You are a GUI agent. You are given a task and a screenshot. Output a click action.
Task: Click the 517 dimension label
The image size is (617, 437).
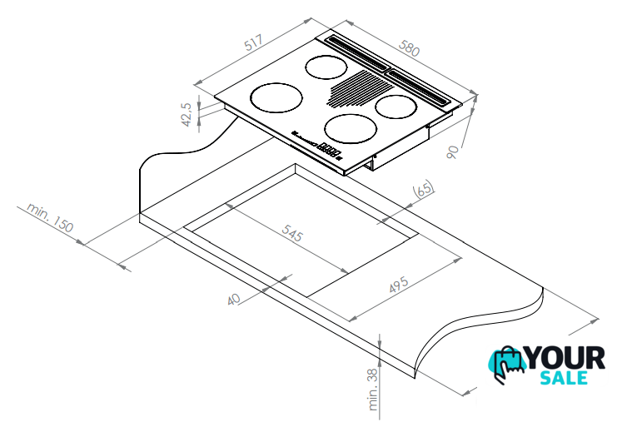[x=253, y=43]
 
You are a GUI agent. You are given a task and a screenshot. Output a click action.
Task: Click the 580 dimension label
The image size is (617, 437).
[x=409, y=48]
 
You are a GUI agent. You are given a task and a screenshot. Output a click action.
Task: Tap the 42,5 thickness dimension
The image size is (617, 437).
[x=187, y=115]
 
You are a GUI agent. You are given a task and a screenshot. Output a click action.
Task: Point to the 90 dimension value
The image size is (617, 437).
[x=453, y=151]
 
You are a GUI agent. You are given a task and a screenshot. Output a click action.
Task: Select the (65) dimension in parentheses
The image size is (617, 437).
[x=423, y=189]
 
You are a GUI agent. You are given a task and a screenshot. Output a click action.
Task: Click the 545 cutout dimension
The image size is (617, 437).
[x=292, y=233]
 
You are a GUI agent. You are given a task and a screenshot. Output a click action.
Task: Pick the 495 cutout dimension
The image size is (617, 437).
[x=399, y=285]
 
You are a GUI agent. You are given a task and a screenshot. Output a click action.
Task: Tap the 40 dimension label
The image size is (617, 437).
[x=234, y=299]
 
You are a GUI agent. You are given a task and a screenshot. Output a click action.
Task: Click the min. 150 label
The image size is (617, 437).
[x=50, y=217]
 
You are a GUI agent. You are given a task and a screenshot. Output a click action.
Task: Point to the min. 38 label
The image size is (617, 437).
[x=373, y=390]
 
